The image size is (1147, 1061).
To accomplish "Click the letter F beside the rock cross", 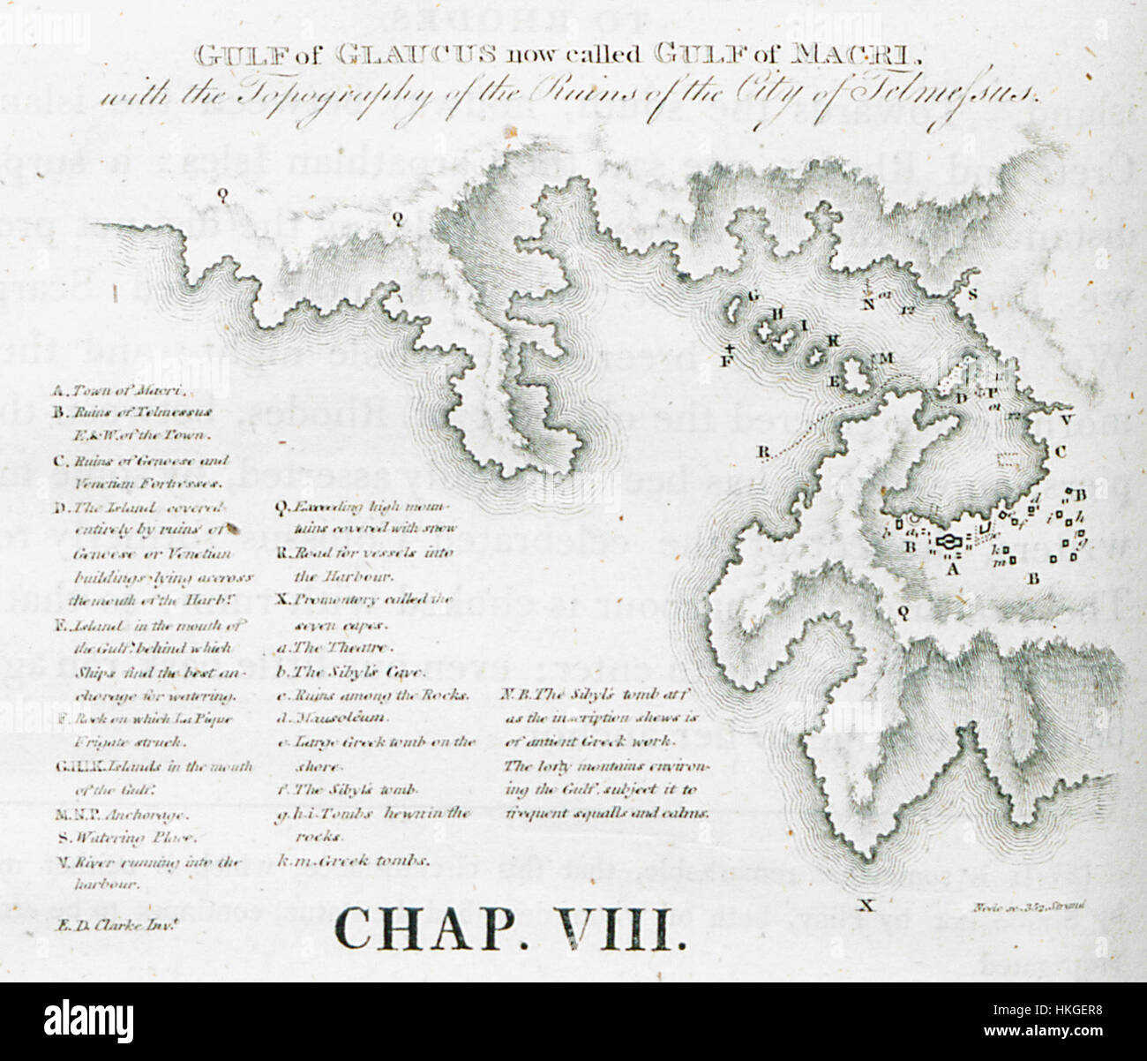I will coord(728,362).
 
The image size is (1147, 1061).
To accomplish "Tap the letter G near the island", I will coord(753,297).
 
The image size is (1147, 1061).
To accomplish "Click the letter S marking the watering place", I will coord(973,295).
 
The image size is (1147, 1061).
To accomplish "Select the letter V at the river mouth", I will coord(1068,420).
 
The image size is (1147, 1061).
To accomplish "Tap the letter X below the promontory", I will coord(866,904).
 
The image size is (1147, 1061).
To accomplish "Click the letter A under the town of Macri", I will coord(951,569).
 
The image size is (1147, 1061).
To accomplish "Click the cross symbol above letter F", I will coord(729,348).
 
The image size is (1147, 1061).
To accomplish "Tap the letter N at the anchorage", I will coord(868,305).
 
